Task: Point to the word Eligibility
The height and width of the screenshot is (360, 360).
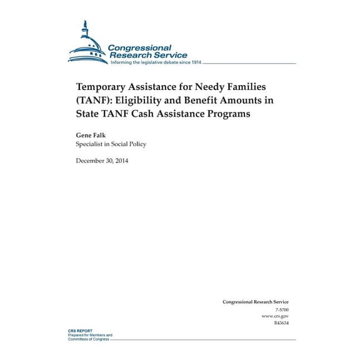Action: click(x=149, y=101)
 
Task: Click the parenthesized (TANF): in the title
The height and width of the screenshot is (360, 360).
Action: click(x=96, y=101)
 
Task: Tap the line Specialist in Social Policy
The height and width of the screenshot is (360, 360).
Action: click(x=111, y=144)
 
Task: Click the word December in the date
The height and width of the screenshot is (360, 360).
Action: click(x=92, y=161)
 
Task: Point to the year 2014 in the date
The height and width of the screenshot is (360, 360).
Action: click(x=122, y=161)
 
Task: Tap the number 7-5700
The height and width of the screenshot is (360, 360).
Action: click(x=282, y=310)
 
